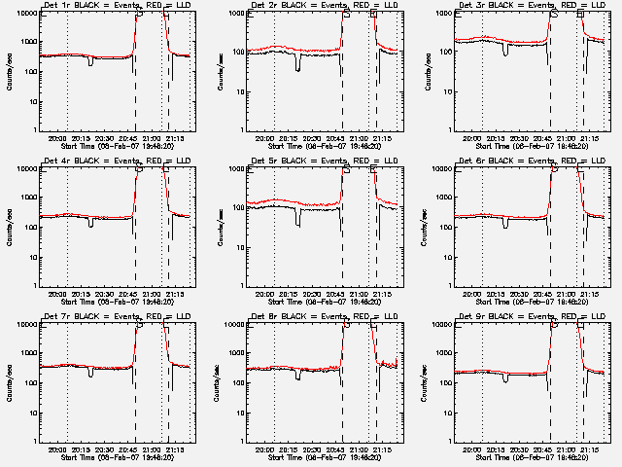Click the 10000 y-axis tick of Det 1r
click(x=23, y=13)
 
